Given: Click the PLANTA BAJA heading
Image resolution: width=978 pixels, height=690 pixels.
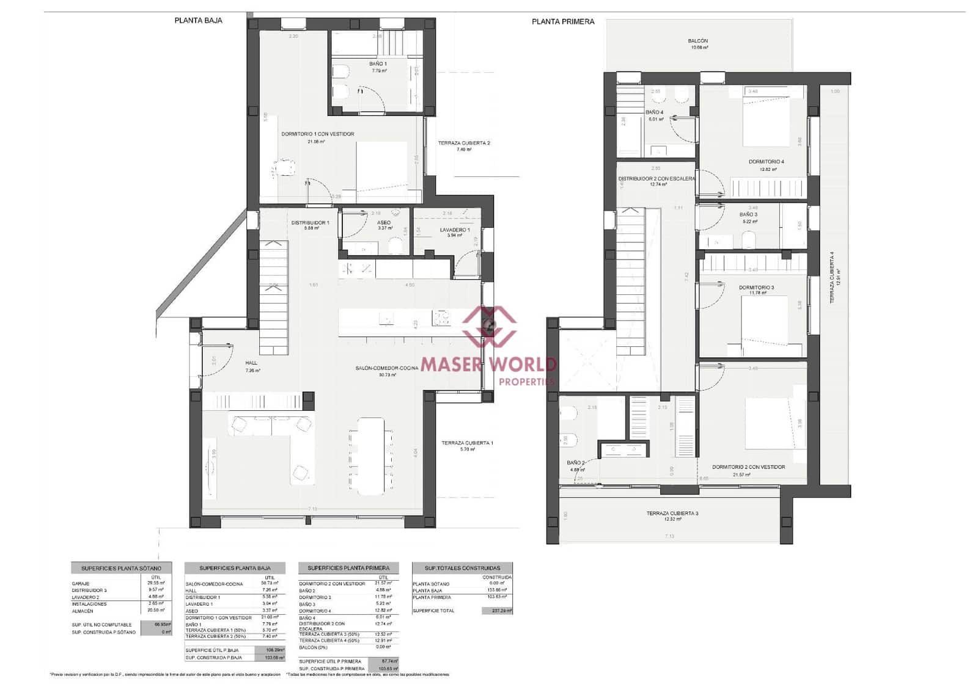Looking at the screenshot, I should click(198, 20).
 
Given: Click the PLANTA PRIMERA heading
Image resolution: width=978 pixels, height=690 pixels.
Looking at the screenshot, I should click(562, 21).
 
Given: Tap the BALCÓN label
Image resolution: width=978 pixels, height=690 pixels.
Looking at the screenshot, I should click(698, 41).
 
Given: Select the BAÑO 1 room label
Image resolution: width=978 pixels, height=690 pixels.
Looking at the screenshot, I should click(378, 64).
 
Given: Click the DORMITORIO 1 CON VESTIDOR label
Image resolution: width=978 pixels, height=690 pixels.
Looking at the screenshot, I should click(317, 134).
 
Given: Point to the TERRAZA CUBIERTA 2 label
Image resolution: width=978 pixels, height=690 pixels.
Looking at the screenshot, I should click(464, 143).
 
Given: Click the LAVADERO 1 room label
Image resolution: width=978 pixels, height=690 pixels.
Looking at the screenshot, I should click(455, 230).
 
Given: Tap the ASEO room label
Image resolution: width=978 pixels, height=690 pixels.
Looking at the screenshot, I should click(384, 223).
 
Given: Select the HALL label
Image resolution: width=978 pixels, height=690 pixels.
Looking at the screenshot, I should click(251, 363).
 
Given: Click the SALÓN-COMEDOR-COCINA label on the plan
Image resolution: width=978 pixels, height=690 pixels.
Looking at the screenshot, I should click(387, 368).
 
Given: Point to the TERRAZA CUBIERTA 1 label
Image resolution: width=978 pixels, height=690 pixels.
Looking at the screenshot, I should click(467, 443).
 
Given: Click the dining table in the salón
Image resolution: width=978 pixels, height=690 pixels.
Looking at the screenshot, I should click(371, 456).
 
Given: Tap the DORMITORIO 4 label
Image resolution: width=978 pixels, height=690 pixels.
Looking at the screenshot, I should click(766, 162).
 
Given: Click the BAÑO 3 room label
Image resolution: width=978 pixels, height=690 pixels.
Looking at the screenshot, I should click(748, 214).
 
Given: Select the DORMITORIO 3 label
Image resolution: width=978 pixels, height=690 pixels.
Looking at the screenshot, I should click(756, 287).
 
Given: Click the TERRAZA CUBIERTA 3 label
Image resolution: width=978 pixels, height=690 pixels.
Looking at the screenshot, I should click(672, 514).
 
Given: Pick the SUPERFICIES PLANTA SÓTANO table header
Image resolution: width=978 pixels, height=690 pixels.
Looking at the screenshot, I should click(121, 568).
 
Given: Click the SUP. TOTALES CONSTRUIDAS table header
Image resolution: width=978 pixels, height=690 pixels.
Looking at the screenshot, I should click(462, 568).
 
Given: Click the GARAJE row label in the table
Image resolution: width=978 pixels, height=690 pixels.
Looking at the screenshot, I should click(81, 584).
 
